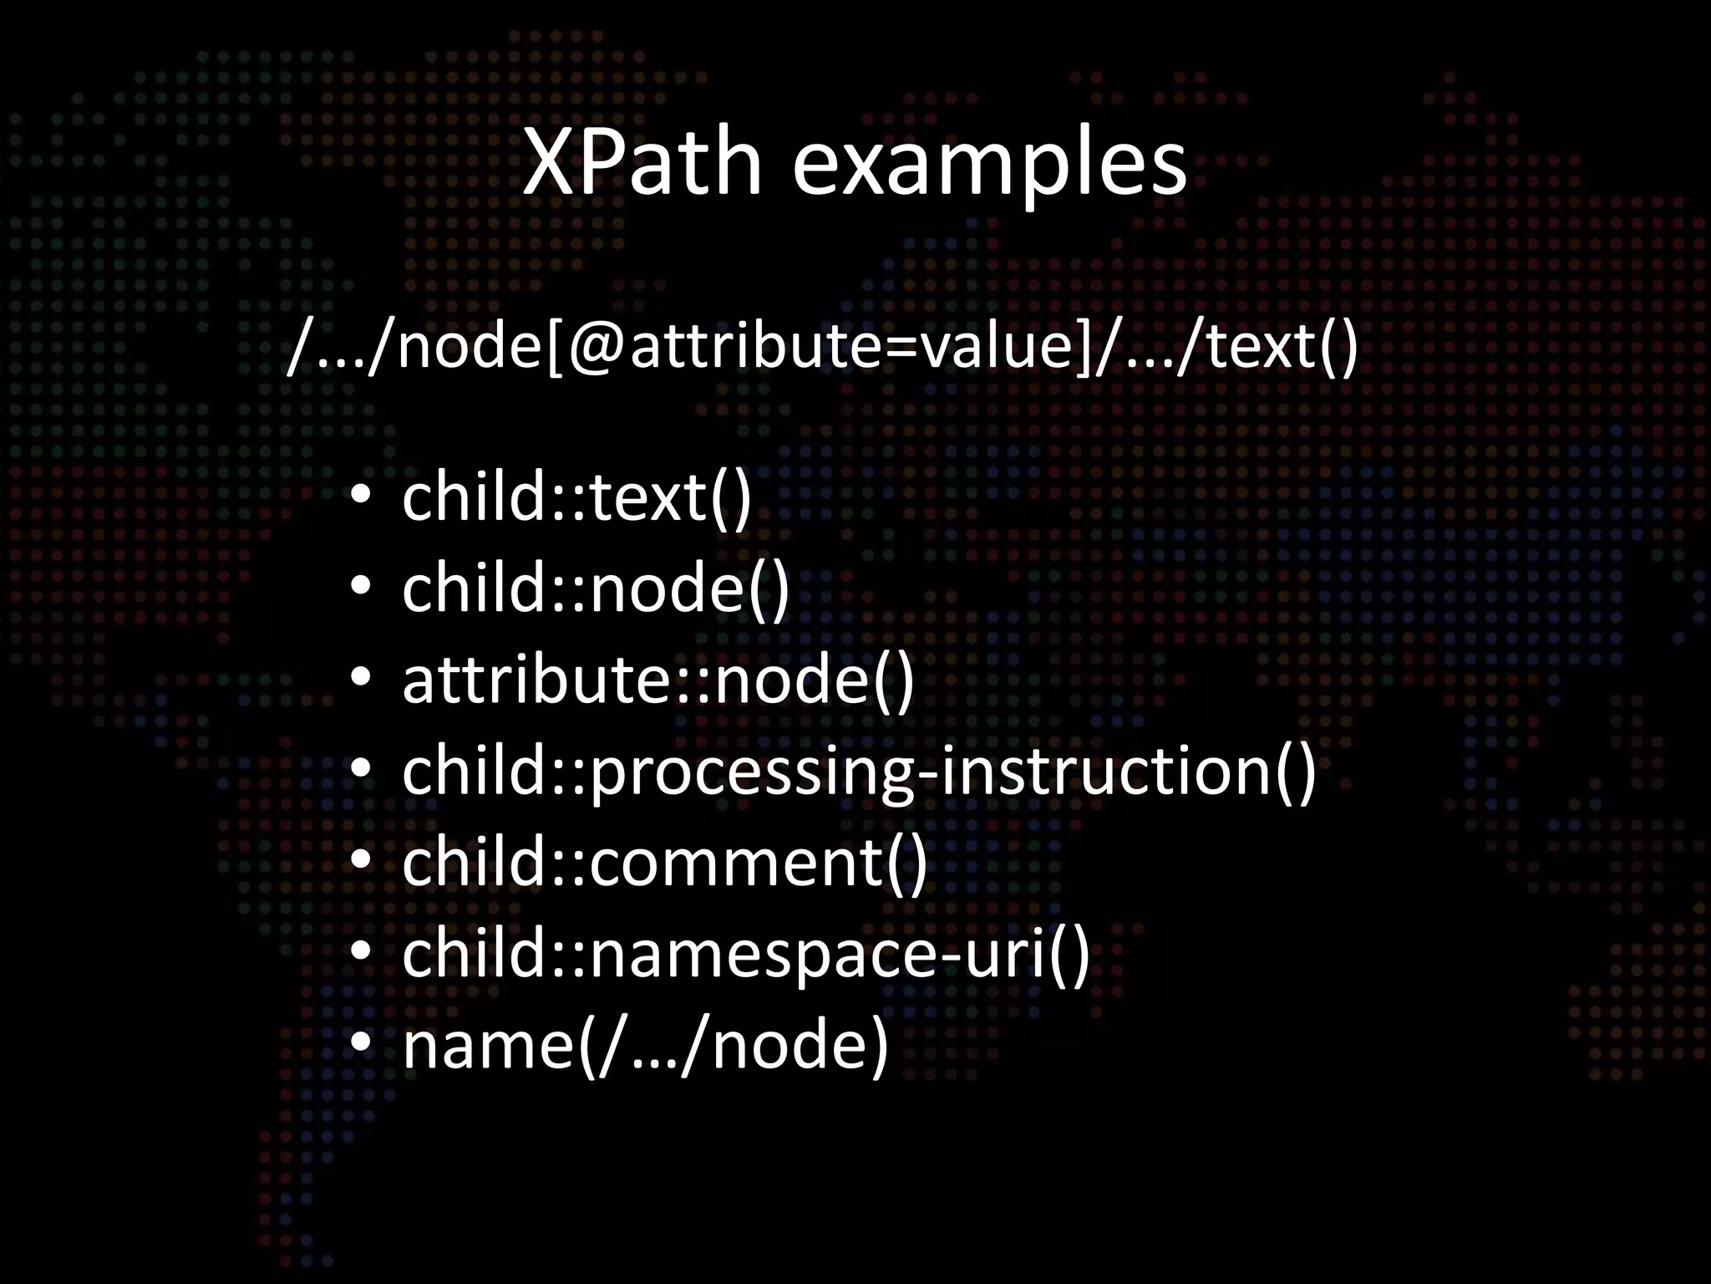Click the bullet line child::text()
576,497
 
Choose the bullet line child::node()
595,588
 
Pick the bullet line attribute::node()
657,680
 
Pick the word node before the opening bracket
469,346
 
